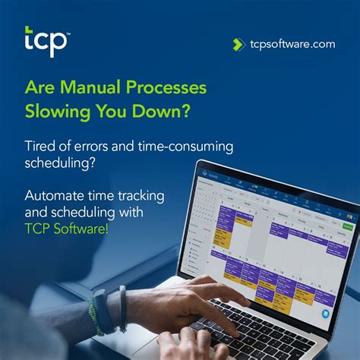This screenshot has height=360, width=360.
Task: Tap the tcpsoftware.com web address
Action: pyautogui.click(x=292, y=44)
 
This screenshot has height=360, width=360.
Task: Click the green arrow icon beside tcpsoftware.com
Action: pyautogui.click(x=238, y=44)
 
